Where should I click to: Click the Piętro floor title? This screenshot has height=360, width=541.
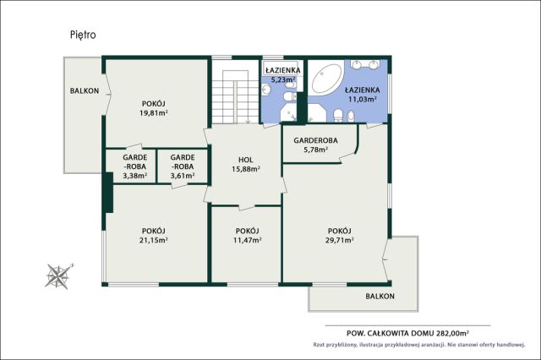coord(83,35)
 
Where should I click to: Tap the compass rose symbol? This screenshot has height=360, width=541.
coord(58,275)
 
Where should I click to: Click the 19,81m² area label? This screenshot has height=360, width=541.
coord(154,112)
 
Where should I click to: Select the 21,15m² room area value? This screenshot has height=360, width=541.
coord(154,240)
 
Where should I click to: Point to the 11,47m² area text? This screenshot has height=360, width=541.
coord(248,240)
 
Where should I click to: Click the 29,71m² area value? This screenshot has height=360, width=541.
coord(340,240)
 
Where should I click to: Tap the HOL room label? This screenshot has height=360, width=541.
coord(246,160)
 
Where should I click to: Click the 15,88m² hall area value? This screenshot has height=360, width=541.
coord(246,169)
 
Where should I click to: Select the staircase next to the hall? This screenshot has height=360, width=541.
coord(235,92)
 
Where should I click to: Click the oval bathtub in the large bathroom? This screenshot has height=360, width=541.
coord(326,79)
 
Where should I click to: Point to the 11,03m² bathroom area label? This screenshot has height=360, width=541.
coord(363,100)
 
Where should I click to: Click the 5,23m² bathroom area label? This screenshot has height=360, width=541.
coord(283,79)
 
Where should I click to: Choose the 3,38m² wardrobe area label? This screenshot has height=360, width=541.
coord(135,176)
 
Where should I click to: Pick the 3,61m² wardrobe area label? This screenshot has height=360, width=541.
coord(183,176)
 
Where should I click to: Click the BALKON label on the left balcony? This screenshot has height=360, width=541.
coord(85,91)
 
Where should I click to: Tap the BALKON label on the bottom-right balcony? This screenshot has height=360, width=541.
coord(380,297)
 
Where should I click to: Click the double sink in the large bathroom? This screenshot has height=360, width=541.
coord(365,64)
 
